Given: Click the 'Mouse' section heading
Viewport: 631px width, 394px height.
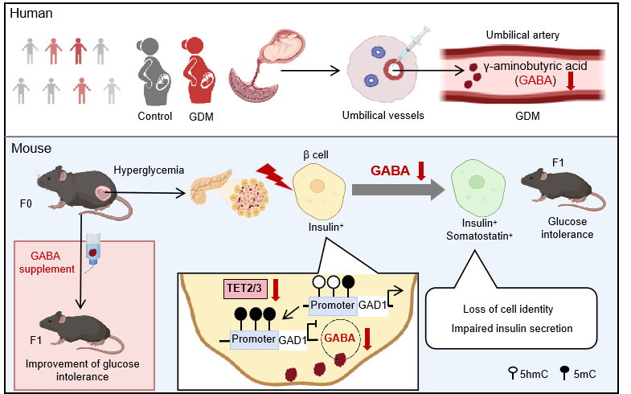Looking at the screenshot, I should [31, 148].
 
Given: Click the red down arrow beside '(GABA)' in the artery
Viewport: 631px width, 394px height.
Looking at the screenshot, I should [571, 80].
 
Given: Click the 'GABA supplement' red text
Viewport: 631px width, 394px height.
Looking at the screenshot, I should [50, 263].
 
